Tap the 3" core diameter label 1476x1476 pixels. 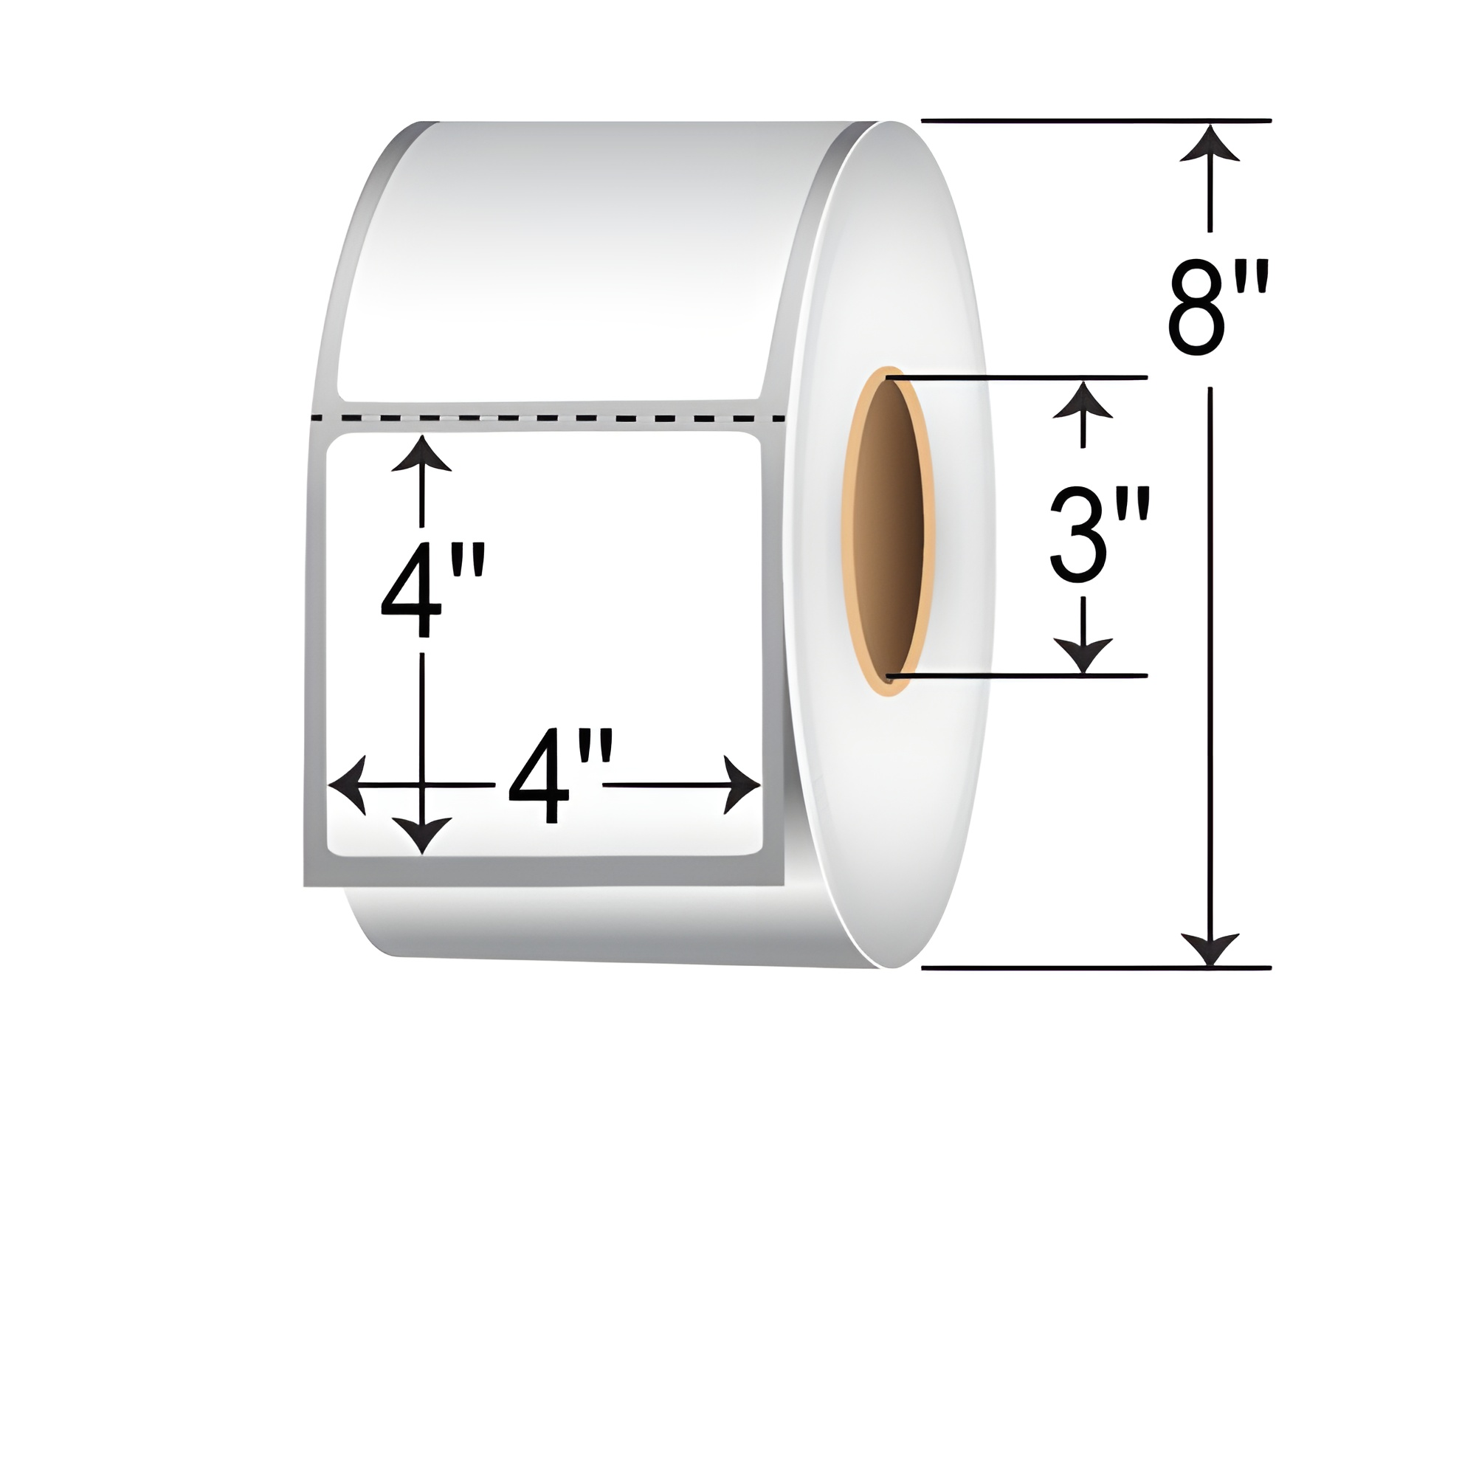tap(1099, 534)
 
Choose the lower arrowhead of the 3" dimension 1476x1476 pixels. tap(1082, 655)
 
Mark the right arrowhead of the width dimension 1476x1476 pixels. tap(741, 784)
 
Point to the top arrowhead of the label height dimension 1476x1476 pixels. tap(421, 455)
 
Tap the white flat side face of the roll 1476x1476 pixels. tap(917, 802)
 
